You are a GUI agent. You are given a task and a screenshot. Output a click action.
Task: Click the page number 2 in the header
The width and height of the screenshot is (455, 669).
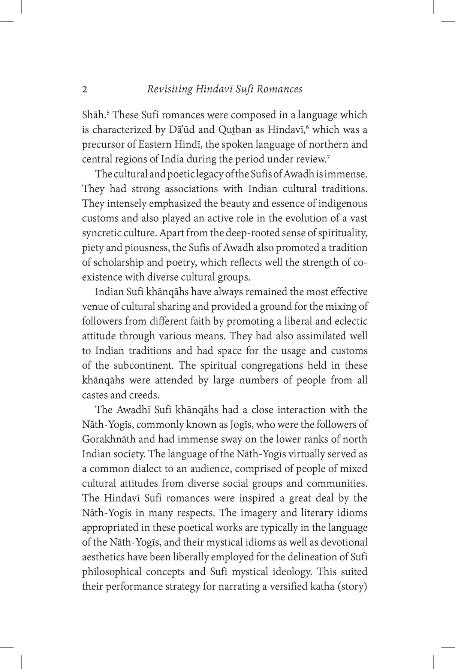[x=85, y=90]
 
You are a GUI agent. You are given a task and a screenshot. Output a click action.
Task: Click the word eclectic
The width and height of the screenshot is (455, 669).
[x=349, y=321]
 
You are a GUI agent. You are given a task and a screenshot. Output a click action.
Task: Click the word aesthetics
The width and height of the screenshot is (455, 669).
[x=103, y=557]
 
